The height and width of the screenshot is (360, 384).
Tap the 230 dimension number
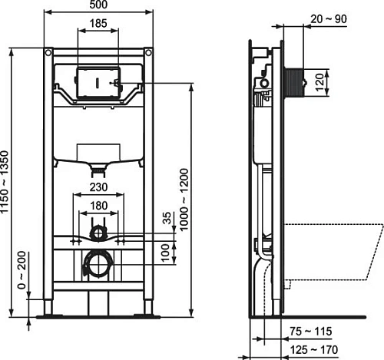click(99, 186)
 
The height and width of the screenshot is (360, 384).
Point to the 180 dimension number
click(99, 205)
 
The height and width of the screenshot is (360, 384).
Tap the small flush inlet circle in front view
click(98, 230)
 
